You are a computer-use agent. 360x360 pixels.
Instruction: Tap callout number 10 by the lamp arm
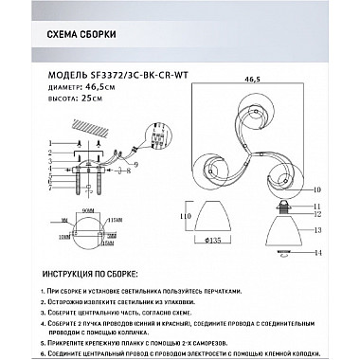click(319, 189)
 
